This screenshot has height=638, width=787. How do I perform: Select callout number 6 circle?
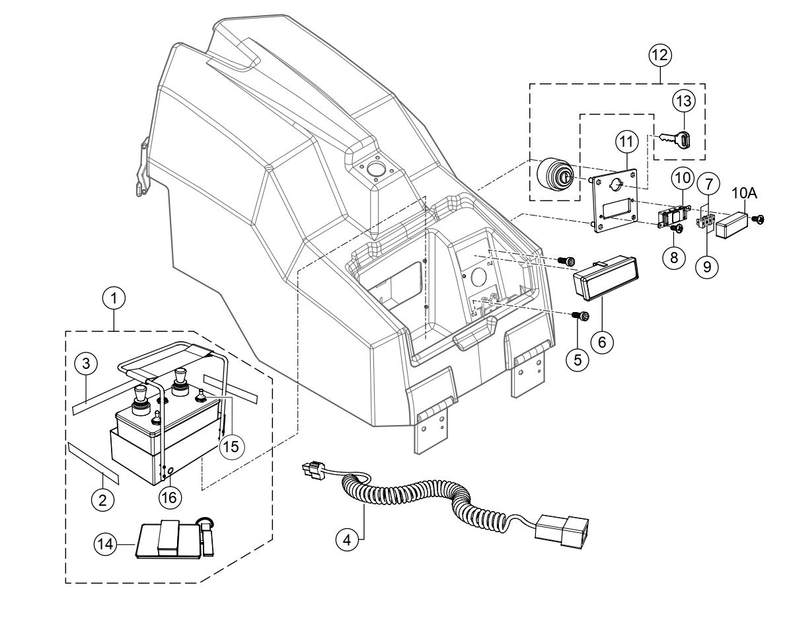[x=603, y=342]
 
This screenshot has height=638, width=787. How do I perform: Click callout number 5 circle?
[x=577, y=360]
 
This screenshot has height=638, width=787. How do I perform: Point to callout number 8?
[x=674, y=257]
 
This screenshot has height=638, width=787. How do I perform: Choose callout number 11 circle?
[x=624, y=141]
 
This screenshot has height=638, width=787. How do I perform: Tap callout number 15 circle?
[x=230, y=446]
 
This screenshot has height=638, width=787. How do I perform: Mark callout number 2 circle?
[x=102, y=500]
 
